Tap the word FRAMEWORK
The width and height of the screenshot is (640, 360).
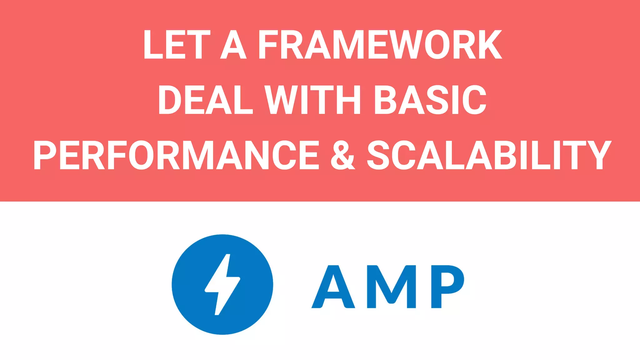[380, 45]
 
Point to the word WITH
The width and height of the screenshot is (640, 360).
[313, 100]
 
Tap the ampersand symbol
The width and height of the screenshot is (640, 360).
[342, 155]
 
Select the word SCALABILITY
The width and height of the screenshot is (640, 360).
[489, 155]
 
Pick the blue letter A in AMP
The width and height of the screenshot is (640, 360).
[333, 287]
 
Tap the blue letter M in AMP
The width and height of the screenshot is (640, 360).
[391, 287]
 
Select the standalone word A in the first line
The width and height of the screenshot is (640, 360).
[233, 45]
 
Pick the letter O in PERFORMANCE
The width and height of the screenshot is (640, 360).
[142, 155]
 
